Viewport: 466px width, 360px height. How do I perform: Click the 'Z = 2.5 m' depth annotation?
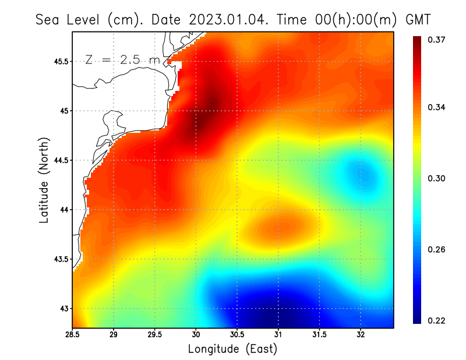122,59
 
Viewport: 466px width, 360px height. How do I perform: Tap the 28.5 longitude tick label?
72,335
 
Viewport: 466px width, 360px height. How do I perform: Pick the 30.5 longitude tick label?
237,335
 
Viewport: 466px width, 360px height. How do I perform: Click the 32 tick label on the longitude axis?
361,335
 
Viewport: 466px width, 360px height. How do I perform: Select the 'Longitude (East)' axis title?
232,349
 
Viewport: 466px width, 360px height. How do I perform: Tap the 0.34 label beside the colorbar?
437,107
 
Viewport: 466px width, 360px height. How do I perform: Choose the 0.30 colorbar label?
437,178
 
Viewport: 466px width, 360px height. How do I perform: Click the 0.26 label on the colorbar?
437,249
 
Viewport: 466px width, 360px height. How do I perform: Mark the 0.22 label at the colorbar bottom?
437,320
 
